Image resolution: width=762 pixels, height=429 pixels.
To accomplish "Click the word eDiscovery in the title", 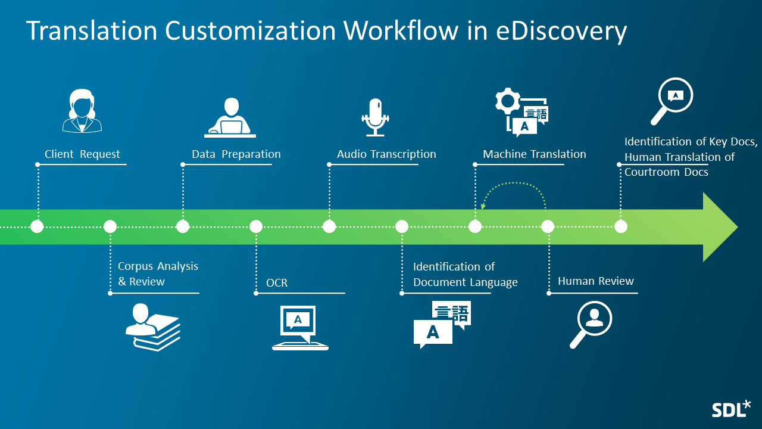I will [x=561, y=31].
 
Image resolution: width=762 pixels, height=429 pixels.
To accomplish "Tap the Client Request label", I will [x=82, y=154].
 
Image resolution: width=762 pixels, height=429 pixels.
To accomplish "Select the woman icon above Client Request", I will [x=82, y=111].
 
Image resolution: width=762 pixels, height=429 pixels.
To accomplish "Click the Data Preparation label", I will [x=236, y=154].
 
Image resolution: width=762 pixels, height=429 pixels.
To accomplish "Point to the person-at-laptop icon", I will [x=230, y=117].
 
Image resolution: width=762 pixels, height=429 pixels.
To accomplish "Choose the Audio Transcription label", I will [x=386, y=154].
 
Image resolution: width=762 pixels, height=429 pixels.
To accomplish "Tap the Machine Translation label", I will [x=534, y=154].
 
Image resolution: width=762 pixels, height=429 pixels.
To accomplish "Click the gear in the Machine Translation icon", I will [x=508, y=101].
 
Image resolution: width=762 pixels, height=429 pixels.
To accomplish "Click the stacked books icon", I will [x=152, y=327].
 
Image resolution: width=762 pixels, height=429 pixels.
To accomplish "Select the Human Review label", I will [x=595, y=281].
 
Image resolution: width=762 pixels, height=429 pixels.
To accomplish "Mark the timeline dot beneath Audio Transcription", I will [x=329, y=226].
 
